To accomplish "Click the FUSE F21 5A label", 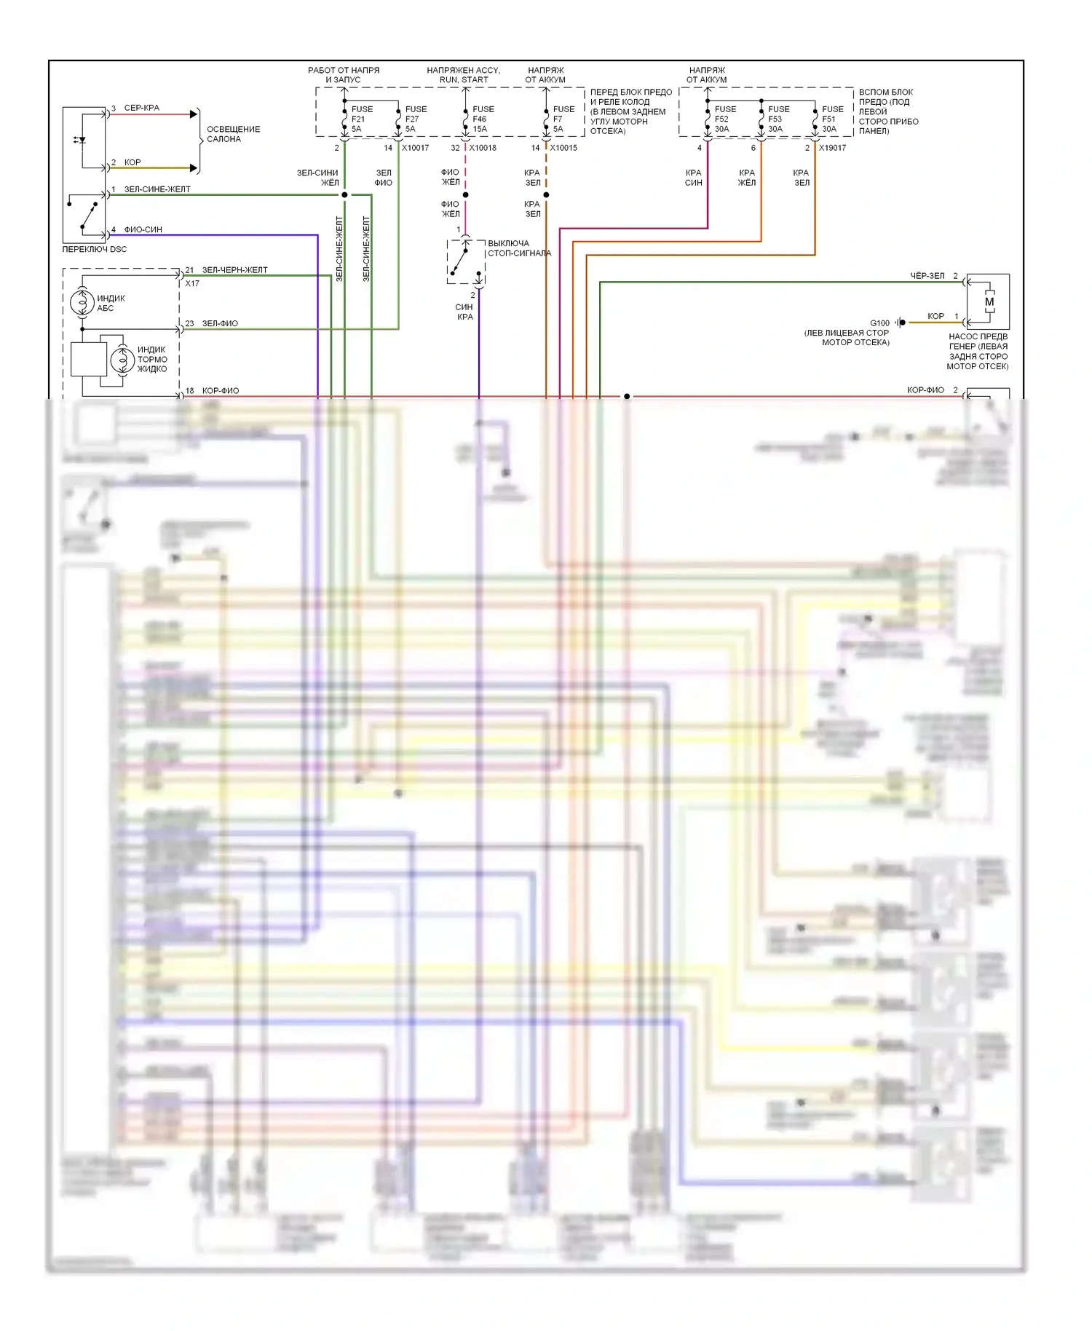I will pos(361,119).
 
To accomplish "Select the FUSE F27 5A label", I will pos(416,119).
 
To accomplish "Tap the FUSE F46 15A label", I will pos(483,119).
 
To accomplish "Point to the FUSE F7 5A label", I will pos(563,119).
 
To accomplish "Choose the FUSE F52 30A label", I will pos(724,119).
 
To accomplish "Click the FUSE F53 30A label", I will pos(778,119).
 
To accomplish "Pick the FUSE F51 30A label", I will pos(832,119).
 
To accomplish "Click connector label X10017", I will pos(415,148).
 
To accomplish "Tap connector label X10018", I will pos(483,148).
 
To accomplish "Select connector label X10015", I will pos(563,148).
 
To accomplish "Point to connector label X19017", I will pos(832,148).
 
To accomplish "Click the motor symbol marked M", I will pos(989,301).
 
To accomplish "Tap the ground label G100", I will pos(879,323).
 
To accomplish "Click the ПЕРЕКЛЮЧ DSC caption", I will pos(95,249).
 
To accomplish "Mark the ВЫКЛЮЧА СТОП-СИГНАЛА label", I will pos(519,248).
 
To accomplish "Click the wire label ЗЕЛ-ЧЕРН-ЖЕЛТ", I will pos(234,270).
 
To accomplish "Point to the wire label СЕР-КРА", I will pos(141,108).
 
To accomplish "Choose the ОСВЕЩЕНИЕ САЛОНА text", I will pos(233,134).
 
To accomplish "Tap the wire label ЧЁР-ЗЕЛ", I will pos(927,276).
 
